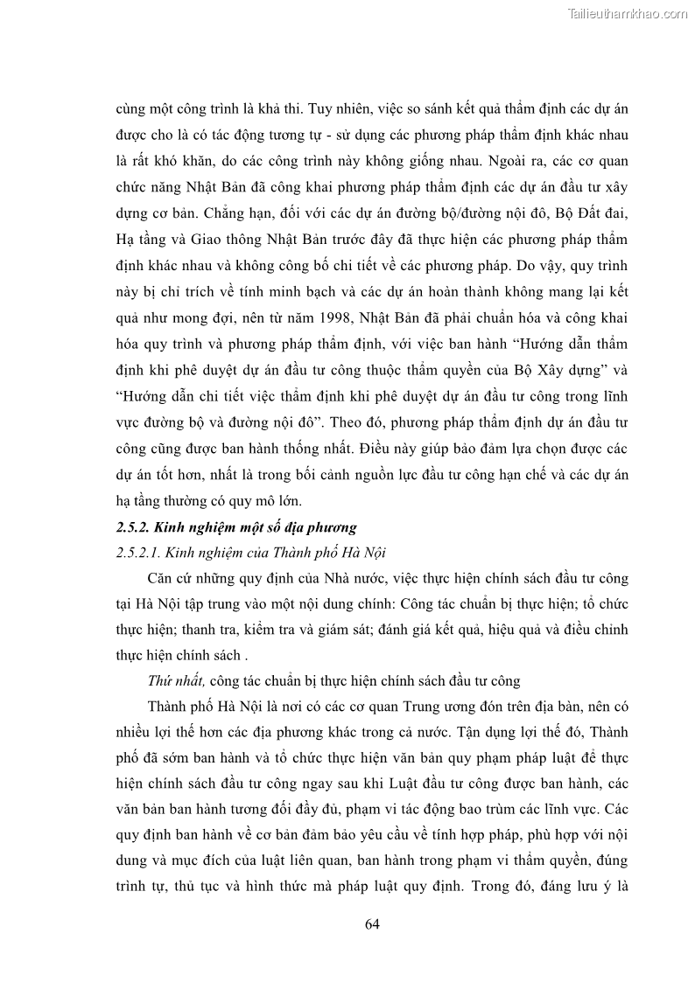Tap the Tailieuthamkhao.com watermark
628,13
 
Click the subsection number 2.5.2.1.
143,553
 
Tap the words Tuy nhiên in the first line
338,110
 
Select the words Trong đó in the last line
497,884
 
